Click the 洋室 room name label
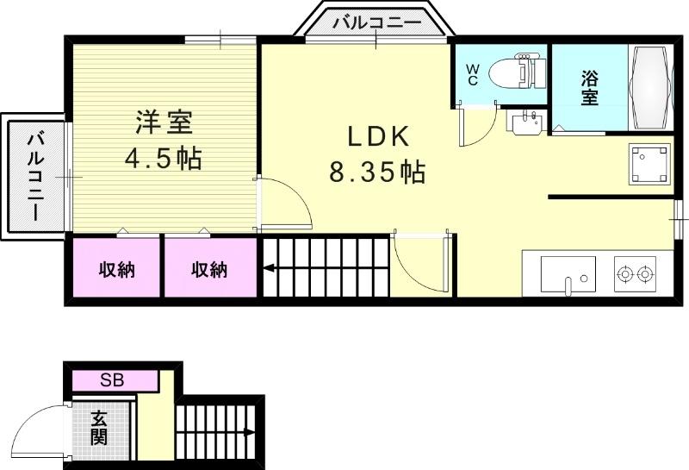163,123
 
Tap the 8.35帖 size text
376,173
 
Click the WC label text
473,74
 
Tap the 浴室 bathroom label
589,87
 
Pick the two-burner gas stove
636,275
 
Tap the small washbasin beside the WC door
525,124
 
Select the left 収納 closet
115,270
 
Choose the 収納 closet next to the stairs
209,270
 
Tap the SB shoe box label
112,379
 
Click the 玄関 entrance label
100,428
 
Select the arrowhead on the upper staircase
269,269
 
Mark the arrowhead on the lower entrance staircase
249,433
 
